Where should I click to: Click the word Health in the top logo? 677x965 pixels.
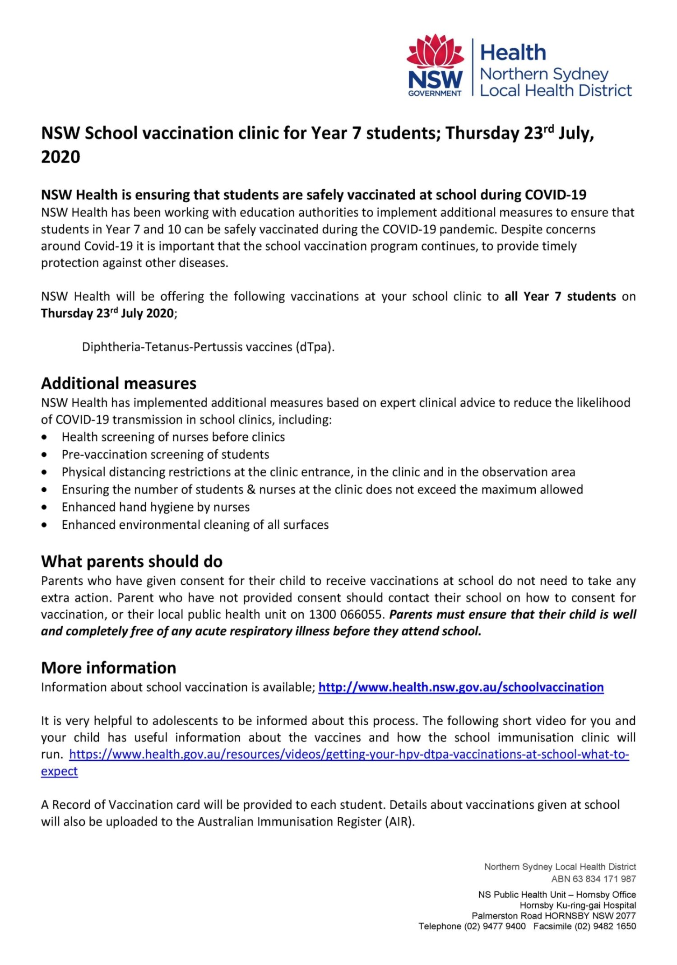pyautogui.click(x=513, y=53)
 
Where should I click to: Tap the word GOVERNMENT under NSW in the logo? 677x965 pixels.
pyautogui.click(x=435, y=93)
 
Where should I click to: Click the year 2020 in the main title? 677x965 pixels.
pyautogui.click(x=60, y=157)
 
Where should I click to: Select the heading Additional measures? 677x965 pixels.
pyautogui.click(x=119, y=383)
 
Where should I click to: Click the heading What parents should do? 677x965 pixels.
pyautogui.click(x=132, y=561)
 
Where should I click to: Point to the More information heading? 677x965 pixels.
pyautogui.click(x=109, y=667)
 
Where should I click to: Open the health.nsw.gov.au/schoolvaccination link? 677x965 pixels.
pyautogui.click(x=461, y=687)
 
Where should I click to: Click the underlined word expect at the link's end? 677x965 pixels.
pyautogui.click(x=59, y=771)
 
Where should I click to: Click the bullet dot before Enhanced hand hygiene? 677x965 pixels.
pyautogui.click(x=44, y=507)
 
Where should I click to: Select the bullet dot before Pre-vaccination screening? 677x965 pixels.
pyautogui.click(x=44, y=455)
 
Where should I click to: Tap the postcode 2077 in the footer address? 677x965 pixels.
pyautogui.click(x=626, y=916)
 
